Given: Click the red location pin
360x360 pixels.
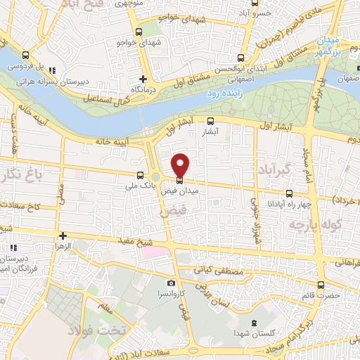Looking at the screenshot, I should coord(181,165).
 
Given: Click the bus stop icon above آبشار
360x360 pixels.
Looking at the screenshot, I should coord(211,121).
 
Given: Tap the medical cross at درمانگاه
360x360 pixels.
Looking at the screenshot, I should coord(143,79).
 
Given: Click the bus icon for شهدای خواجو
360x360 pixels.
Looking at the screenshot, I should coord(138,32).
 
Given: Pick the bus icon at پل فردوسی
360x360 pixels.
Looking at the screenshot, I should coord(26,55).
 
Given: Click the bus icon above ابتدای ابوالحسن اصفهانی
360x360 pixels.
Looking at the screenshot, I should coord(241,58).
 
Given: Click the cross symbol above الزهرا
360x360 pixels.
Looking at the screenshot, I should coord(63,236).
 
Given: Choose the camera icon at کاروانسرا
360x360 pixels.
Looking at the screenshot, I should coord(152,283).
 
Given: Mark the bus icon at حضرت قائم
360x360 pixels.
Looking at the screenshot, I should coord(321,285).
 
